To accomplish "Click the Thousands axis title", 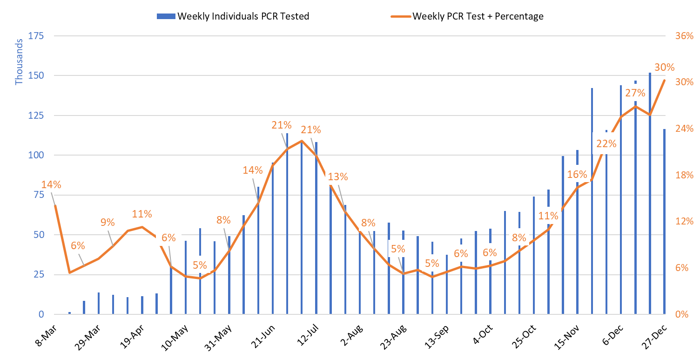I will [x=19, y=62].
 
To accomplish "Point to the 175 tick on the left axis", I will [x=36, y=36].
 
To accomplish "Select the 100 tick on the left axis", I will [x=36, y=155].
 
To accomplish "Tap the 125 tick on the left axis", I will [x=36, y=115].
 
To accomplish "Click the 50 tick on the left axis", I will [x=38, y=235].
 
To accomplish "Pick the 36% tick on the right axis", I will [x=684, y=36].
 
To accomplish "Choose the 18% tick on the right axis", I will [x=684, y=175].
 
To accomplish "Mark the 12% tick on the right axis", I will [x=684, y=221].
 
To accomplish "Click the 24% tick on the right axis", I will [x=684, y=129].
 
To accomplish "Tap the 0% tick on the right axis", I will [x=682, y=314].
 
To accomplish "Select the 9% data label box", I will [x=107, y=222].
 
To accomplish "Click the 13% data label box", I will [x=337, y=177].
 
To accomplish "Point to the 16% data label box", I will [x=577, y=175].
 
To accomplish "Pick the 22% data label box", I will [x=606, y=143].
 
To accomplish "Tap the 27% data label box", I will [x=635, y=93].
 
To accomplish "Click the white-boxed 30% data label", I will [x=664, y=68].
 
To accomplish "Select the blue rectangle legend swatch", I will [x=166, y=16].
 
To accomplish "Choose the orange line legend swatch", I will [x=401, y=16].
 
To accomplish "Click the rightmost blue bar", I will [x=664, y=221].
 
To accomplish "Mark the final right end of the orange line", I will [x=664, y=80].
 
